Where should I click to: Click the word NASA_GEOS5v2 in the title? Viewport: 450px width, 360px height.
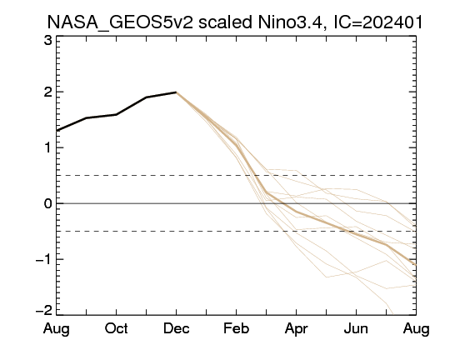click(120, 22)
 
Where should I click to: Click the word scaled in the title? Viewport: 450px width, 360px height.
click(225, 22)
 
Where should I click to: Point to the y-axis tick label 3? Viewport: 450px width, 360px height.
click(48, 40)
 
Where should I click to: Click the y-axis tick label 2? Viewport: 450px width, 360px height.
click(48, 92)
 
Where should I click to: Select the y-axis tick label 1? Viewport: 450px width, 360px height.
click(48, 147)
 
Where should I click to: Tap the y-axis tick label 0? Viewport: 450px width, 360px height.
click(48, 203)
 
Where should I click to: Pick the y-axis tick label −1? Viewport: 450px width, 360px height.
click(44, 259)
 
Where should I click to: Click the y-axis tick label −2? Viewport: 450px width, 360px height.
click(44, 310)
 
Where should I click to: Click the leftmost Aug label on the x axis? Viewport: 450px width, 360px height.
click(57, 329)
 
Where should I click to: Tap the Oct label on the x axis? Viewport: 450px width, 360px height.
click(116, 328)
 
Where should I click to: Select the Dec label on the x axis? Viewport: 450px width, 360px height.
click(176, 328)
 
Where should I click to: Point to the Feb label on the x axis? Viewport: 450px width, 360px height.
click(236, 328)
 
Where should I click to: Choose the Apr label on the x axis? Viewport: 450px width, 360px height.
click(296, 329)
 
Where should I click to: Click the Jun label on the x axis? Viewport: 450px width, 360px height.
click(356, 328)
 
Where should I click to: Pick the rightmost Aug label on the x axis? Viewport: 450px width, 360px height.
click(416, 329)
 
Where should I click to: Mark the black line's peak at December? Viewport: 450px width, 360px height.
click(176, 92)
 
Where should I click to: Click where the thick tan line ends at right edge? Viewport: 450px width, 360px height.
click(416, 265)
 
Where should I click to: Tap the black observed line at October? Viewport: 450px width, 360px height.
click(116, 114)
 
